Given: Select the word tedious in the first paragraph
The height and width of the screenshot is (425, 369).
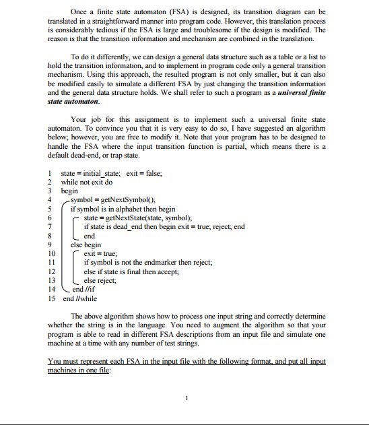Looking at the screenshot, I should pos(118,31).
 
